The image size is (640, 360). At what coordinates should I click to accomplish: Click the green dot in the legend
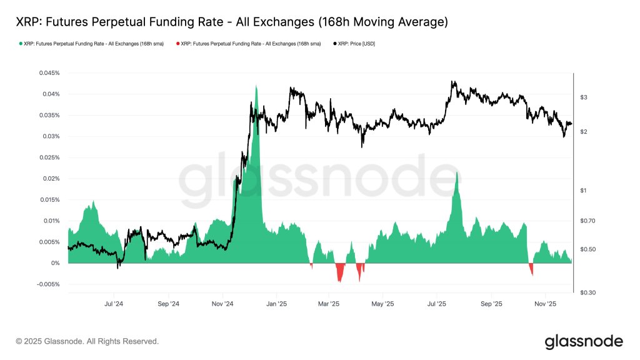(21, 44)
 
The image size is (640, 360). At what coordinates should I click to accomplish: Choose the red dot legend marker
(177, 44)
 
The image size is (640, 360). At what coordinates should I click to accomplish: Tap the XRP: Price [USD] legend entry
(356, 44)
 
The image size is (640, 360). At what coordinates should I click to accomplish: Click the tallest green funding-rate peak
(256, 87)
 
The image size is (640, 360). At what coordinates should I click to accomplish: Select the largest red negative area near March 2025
(340, 274)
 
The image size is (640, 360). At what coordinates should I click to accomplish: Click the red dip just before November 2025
(531, 270)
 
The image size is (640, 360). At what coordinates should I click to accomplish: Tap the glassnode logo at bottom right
(583, 342)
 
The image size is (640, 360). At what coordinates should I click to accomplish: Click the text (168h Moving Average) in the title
(382, 22)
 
